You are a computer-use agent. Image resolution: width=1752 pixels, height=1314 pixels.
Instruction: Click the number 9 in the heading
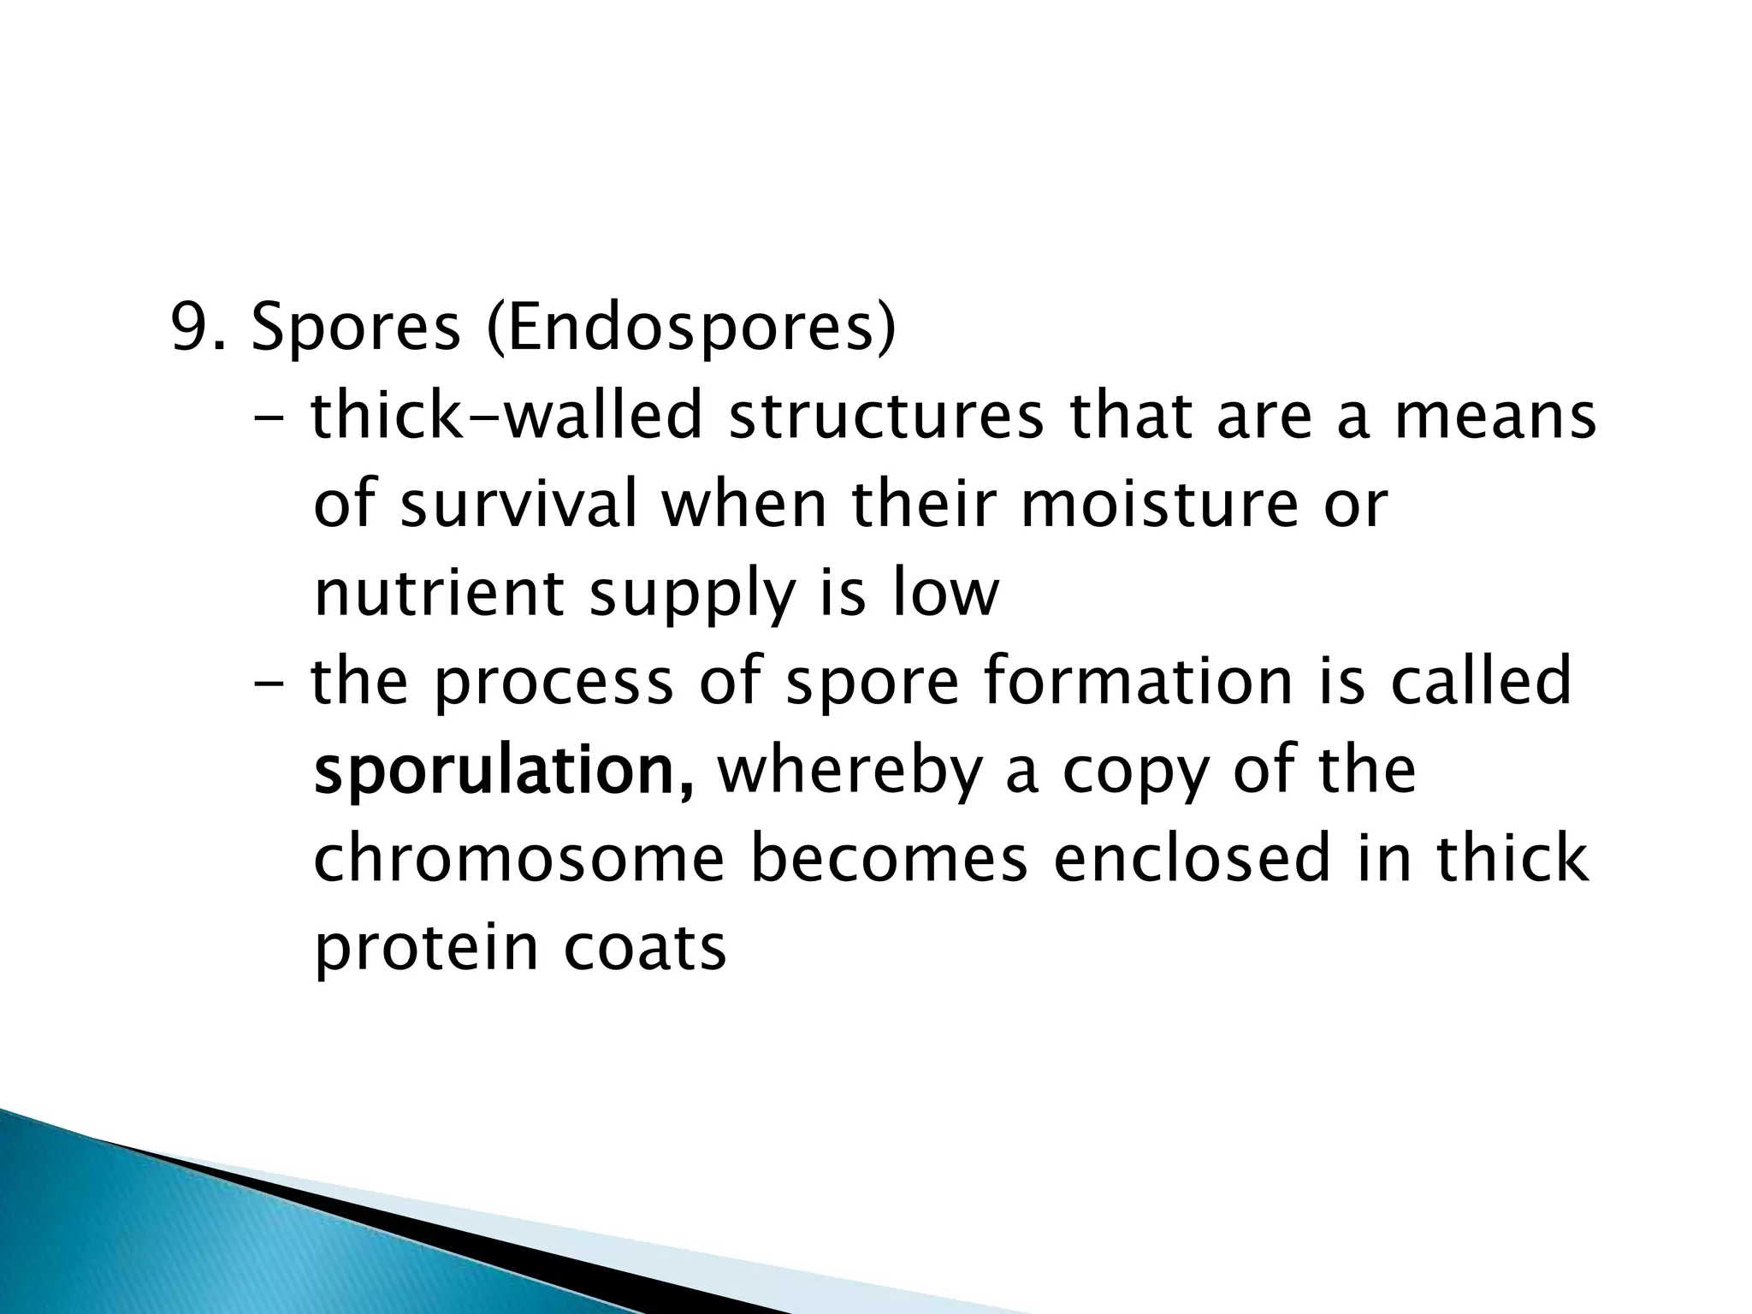tap(190, 329)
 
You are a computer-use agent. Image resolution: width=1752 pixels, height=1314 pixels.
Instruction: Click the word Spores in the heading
tap(356, 329)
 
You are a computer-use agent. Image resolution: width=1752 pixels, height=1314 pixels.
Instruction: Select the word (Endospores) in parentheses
tap(691, 329)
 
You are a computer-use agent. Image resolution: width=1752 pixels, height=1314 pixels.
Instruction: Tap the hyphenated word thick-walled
tap(506, 417)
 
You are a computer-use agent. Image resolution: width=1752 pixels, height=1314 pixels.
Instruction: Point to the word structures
tap(885, 417)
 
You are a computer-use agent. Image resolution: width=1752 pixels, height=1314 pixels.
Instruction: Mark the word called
tap(1481, 682)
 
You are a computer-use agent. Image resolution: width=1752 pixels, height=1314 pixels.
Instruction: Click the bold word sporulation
tap(503, 772)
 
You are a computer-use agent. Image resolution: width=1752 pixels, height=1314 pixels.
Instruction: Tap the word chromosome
tap(519, 859)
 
